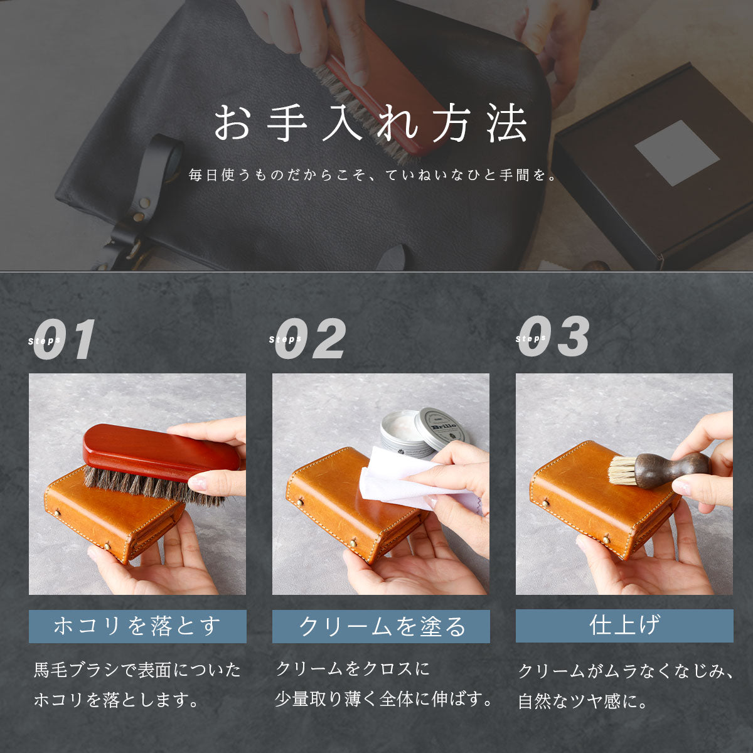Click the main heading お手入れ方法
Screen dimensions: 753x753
pyautogui.click(x=371, y=123)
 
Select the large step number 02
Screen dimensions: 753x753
pyautogui.click(x=311, y=339)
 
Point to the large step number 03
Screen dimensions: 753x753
pyautogui.click(x=554, y=337)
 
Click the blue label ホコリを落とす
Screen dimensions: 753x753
pyautogui.click(x=137, y=626)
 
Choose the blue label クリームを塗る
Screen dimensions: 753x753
pyautogui.click(x=381, y=626)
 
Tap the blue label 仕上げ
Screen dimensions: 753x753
pyautogui.click(x=624, y=625)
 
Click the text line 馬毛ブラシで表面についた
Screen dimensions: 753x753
pyautogui.click(x=137, y=670)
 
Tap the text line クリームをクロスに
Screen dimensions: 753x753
pyautogui.click(x=353, y=669)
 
